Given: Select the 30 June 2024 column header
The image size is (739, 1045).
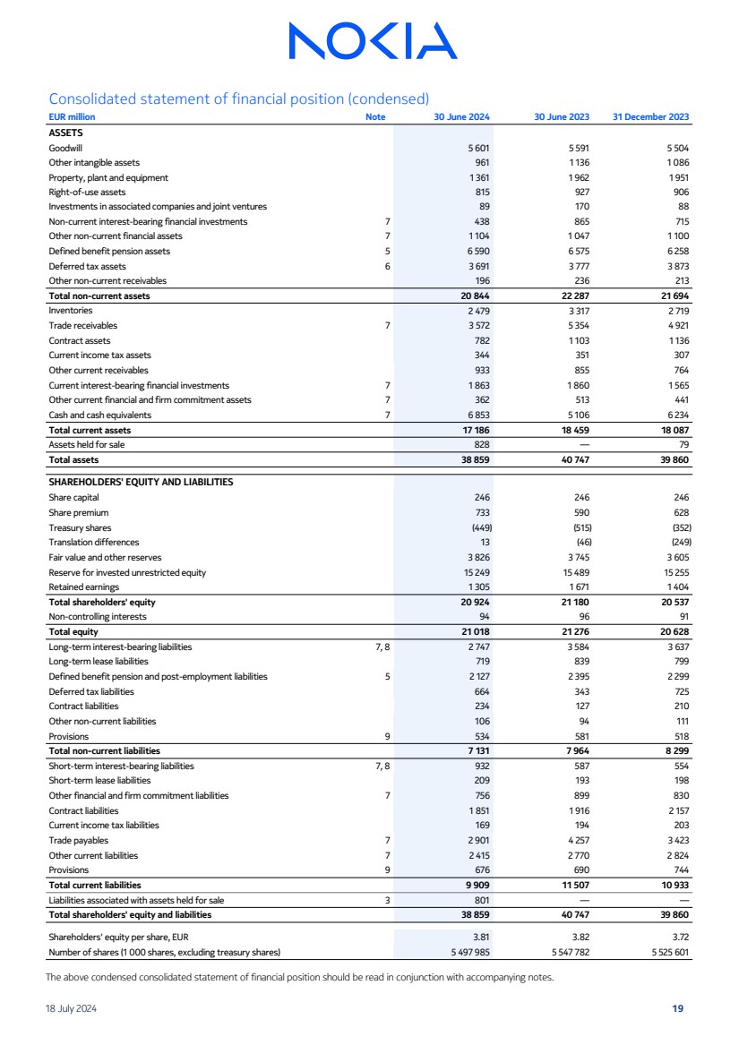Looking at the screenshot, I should [461, 117].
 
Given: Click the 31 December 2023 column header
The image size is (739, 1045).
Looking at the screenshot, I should [650, 117].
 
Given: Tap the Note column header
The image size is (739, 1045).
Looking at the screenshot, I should [375, 117].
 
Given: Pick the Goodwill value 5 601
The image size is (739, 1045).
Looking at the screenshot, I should [477, 148].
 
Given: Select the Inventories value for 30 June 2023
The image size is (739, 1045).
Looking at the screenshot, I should [578, 310].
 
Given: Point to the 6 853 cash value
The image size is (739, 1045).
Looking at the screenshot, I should [477, 415].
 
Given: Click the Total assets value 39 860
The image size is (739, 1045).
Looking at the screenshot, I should [671, 459].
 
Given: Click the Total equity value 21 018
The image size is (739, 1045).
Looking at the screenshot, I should [475, 631].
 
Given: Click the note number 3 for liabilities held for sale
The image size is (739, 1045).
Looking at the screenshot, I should [387, 900].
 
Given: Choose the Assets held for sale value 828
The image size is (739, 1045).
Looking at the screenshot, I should [481, 444].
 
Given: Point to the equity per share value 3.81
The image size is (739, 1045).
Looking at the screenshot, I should [481, 938].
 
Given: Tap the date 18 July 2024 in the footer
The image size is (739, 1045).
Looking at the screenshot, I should [72, 1008].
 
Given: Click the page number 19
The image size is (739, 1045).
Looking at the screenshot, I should [678, 1008].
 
